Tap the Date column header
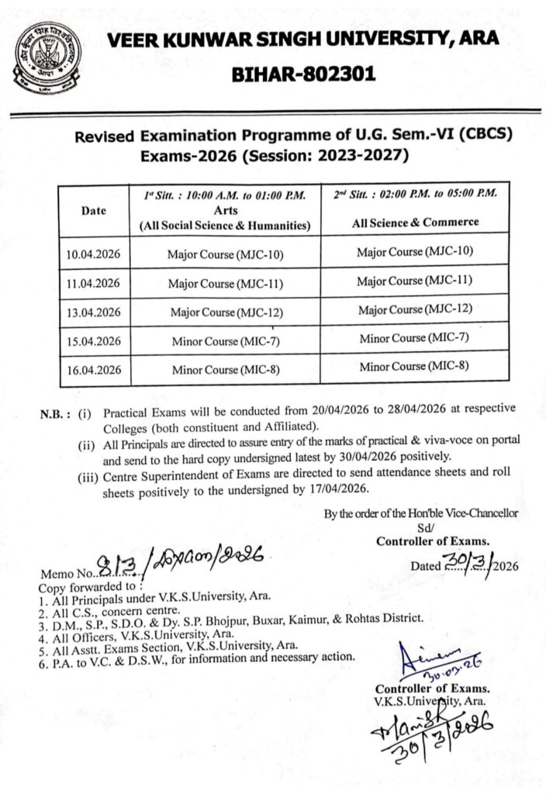94,210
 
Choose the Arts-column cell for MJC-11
223,283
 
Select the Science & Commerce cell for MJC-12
414,309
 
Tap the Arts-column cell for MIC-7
223,341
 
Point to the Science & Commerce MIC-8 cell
414,365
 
